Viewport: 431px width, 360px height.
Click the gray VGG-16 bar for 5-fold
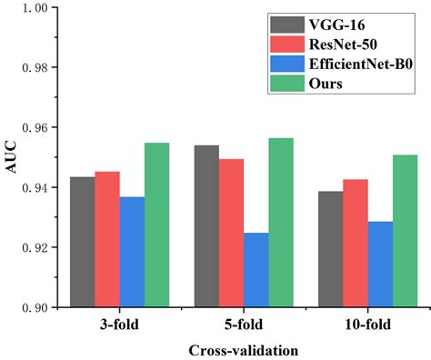206,226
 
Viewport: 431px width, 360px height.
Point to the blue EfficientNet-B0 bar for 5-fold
256,270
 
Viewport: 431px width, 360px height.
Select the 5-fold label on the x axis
243,323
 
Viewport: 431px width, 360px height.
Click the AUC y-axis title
12,157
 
